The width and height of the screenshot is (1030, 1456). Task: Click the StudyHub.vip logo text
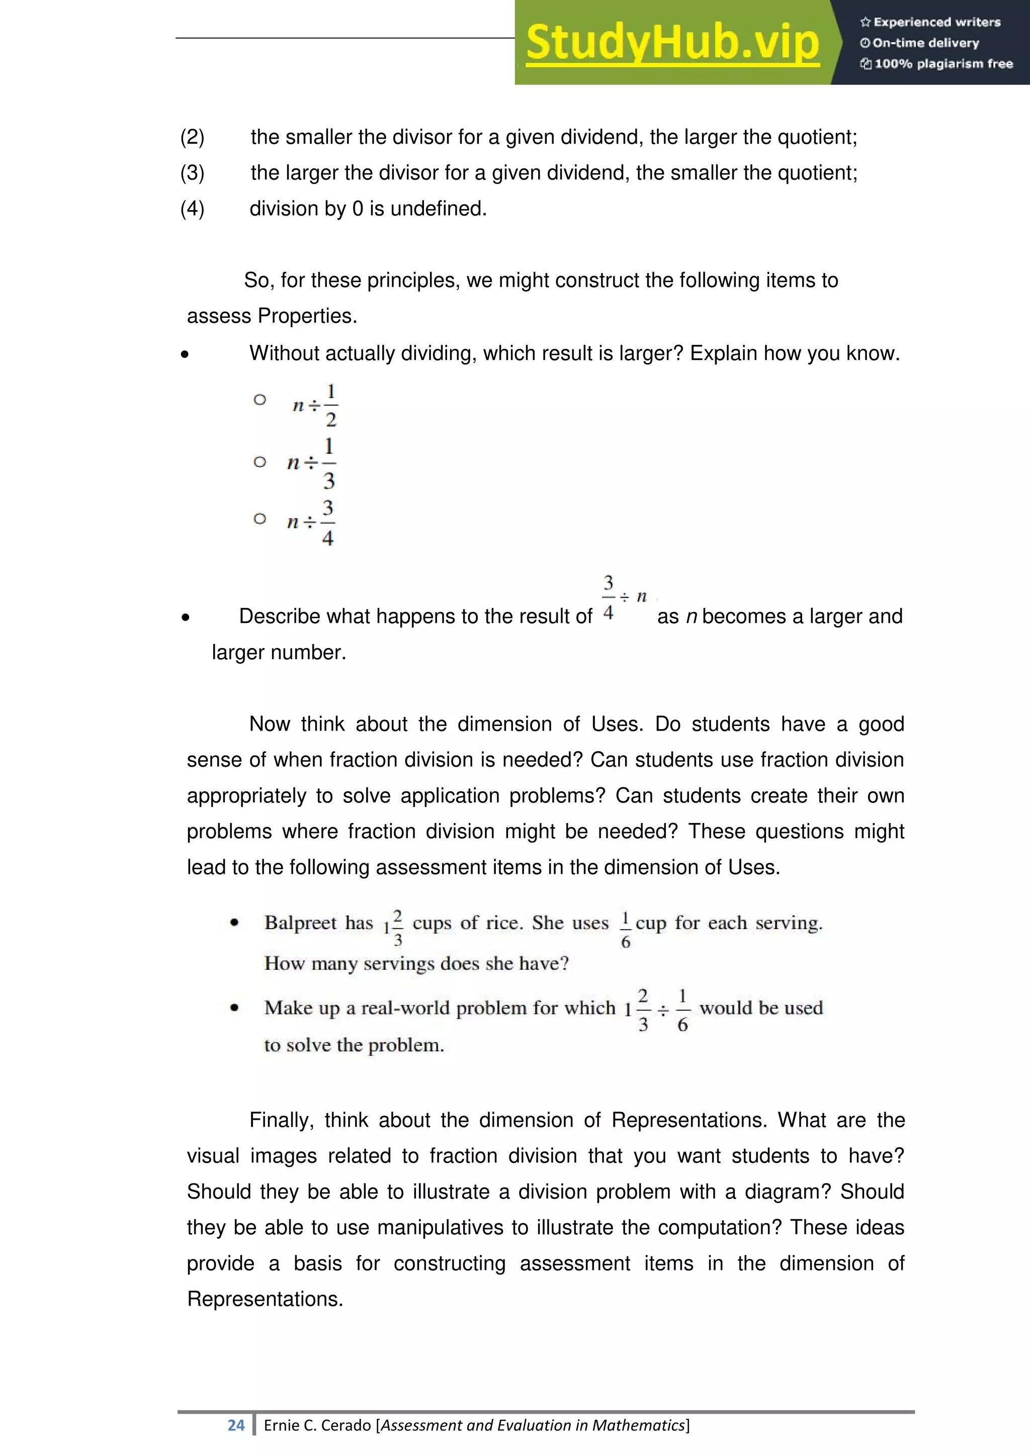(x=672, y=43)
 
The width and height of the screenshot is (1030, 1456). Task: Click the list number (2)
(x=192, y=137)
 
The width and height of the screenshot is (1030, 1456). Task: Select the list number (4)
(x=192, y=209)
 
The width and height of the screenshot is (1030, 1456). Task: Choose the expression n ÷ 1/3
(x=311, y=464)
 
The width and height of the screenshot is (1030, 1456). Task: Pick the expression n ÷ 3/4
(x=311, y=522)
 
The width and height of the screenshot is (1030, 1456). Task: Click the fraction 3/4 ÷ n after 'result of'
(x=624, y=597)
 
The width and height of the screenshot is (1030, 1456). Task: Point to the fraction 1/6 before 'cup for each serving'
(x=625, y=930)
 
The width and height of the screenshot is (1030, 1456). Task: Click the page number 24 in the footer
(x=236, y=1425)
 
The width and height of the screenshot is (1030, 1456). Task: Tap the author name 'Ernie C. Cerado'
(x=317, y=1425)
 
